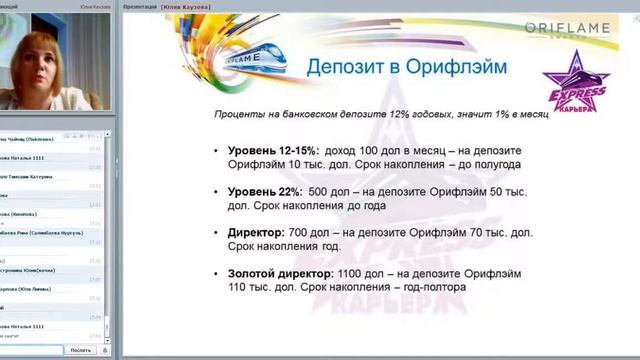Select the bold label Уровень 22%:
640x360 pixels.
263,191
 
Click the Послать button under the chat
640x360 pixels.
81,350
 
